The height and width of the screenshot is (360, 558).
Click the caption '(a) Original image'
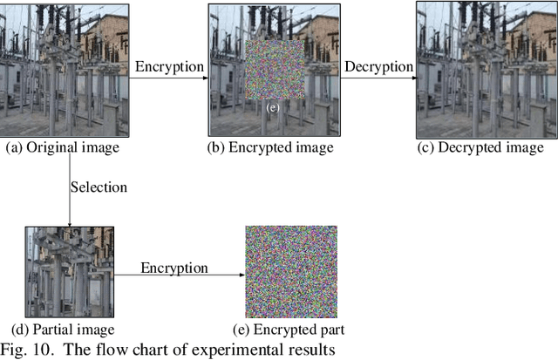tap(62, 147)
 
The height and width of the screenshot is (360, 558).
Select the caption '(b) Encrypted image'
tap(270, 147)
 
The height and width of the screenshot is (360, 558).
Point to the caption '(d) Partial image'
tap(59, 329)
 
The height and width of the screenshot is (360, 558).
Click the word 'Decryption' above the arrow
tap(378, 67)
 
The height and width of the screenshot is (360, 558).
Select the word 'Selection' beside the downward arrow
tap(99, 187)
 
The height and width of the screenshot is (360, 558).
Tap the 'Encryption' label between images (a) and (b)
tap(169, 67)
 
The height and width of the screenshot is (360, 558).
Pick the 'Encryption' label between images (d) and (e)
tap(174, 267)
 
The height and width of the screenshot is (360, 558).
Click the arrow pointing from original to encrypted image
tap(169, 78)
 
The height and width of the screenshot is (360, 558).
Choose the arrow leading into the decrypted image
tap(378, 78)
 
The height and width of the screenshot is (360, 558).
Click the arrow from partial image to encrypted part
tap(180, 275)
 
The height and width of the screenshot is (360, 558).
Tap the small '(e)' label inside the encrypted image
tap(273, 107)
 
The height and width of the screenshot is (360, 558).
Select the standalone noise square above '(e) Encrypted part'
tap(291, 273)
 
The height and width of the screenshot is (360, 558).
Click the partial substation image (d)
tap(70, 273)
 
